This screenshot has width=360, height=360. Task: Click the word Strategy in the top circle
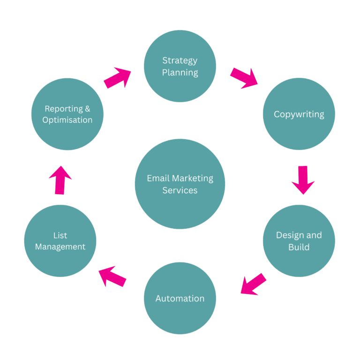click(180, 60)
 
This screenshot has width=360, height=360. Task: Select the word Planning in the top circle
click(180, 73)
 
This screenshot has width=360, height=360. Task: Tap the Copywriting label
click(299, 114)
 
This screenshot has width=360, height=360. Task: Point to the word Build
click(299, 247)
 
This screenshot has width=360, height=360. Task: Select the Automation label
click(180, 299)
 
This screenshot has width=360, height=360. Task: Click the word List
click(60, 235)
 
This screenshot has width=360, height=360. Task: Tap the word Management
click(60, 247)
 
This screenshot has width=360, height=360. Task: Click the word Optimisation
click(67, 120)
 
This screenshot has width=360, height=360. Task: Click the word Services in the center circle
click(180, 190)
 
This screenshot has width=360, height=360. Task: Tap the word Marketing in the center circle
click(192, 179)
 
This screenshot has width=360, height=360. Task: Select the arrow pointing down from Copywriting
click(303, 180)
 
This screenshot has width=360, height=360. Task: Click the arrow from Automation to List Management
click(112, 277)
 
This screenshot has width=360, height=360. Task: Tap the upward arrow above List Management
click(60, 180)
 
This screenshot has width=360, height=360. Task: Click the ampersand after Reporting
click(87, 109)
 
